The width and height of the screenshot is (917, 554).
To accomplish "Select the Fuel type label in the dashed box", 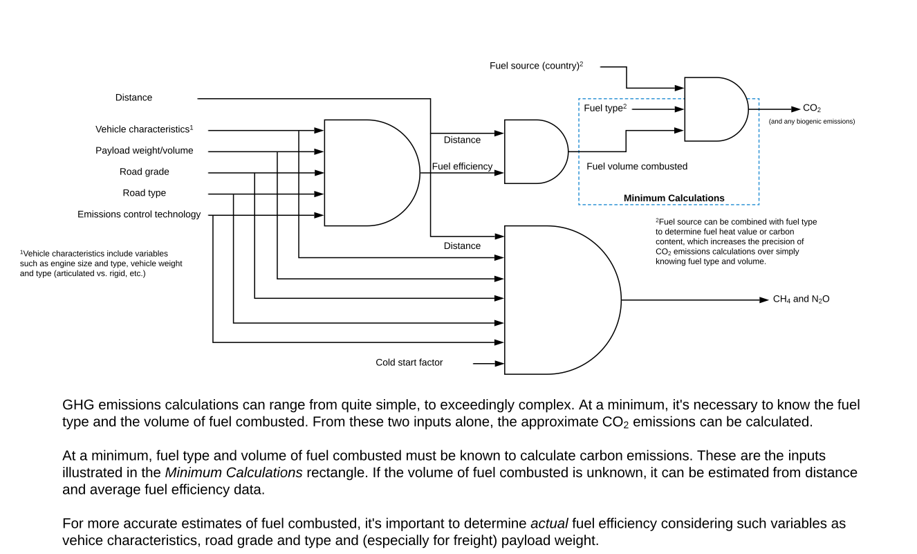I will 604,109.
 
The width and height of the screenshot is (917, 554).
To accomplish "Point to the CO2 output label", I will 812,109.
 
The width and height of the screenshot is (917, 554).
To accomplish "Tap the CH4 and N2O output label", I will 801,299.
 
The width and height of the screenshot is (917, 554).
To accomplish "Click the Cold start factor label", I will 409,362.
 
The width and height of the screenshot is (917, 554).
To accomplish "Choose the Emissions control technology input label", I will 139,214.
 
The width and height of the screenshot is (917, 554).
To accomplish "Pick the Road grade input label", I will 144,172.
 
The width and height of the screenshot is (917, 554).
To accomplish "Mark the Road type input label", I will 144,193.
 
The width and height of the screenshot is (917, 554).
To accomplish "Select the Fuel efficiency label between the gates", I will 462,167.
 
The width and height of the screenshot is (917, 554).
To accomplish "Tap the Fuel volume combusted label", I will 637,167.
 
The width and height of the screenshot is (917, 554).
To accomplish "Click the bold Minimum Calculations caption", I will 674,198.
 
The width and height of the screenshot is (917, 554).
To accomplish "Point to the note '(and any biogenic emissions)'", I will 812,122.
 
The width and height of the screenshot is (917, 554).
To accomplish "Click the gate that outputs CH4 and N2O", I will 557,299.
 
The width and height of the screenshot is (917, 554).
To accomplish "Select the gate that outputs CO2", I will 712,109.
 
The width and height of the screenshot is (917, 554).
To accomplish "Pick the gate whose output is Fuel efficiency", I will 367,173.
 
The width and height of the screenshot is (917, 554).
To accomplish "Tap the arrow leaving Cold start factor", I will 488,363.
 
